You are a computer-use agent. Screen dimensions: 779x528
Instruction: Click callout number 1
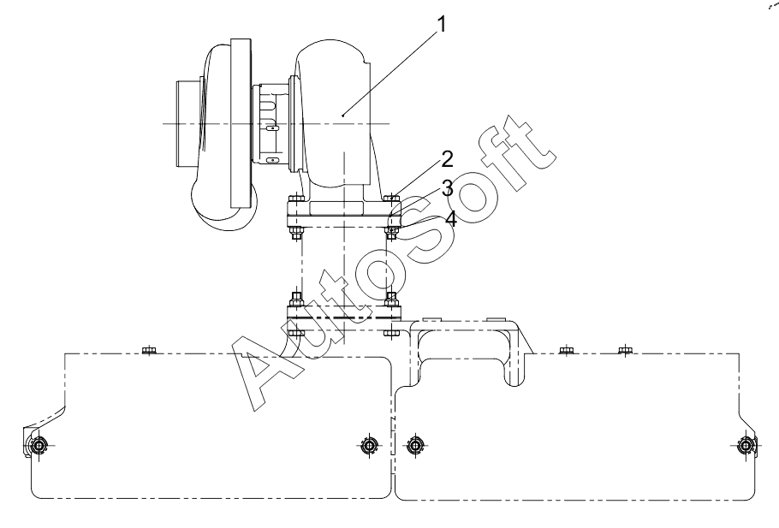click(441, 24)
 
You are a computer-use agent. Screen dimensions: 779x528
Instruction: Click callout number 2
click(447, 159)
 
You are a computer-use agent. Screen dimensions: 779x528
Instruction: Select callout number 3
click(447, 189)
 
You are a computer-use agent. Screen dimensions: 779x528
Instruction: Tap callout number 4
click(450, 218)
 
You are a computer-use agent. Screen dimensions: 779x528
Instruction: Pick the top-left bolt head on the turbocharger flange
click(296, 199)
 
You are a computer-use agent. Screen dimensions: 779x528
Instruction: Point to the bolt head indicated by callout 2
click(392, 199)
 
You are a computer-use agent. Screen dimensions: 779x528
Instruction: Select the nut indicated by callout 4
click(391, 232)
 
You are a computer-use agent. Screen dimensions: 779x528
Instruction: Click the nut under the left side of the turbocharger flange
click(296, 232)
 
